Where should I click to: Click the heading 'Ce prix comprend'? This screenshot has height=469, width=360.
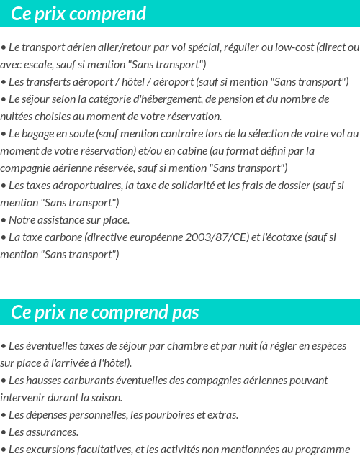78,14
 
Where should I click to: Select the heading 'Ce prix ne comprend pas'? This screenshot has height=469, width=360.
105,312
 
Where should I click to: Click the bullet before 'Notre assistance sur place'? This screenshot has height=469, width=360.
4,219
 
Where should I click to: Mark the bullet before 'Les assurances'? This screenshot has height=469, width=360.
4,432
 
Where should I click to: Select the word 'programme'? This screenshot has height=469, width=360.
323,449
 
